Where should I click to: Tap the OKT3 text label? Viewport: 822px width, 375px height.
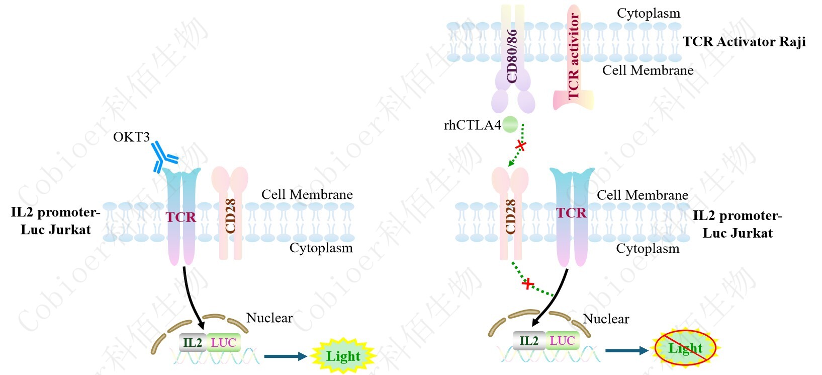pyautogui.click(x=131, y=137)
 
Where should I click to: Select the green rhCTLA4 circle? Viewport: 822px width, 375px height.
pyautogui.click(x=510, y=124)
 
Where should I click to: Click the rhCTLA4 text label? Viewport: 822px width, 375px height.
pyautogui.click(x=472, y=125)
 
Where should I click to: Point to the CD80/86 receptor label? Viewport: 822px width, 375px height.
pyautogui.click(x=512, y=55)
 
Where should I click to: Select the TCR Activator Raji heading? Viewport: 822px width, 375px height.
pyautogui.click(x=744, y=42)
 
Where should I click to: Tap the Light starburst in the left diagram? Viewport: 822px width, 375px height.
pyautogui.click(x=343, y=356)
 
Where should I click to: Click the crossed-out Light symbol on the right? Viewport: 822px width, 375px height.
pyautogui.click(x=685, y=348)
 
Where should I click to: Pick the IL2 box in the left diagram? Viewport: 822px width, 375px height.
pyautogui.click(x=193, y=343)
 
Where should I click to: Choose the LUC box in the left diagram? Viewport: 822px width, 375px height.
pyautogui.click(x=223, y=343)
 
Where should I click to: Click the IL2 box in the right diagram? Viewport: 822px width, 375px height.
pyautogui.click(x=528, y=341)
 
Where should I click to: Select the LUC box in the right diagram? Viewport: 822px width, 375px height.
pyautogui.click(x=562, y=341)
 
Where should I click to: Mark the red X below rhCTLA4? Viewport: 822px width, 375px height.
pyautogui.click(x=521, y=146)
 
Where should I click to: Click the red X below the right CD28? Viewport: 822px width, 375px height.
pyautogui.click(x=527, y=284)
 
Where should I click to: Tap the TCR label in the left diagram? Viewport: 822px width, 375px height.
pyautogui.click(x=181, y=217)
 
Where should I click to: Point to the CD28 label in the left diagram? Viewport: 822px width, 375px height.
pyautogui.click(x=231, y=216)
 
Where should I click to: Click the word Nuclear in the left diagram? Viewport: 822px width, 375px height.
pyautogui.click(x=269, y=318)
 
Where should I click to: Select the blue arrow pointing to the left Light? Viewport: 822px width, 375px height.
pyautogui.click(x=285, y=356)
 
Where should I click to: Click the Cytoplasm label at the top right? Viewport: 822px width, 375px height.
pyautogui.click(x=649, y=14)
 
